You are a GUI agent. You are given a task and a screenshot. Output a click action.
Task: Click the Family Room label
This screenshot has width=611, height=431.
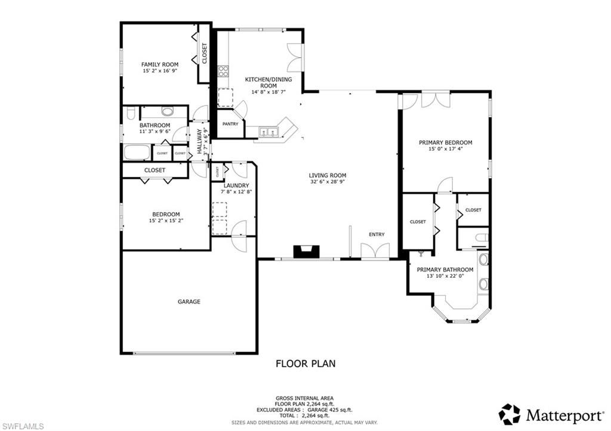159,64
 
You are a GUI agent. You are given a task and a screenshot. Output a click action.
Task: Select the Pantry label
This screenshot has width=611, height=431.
230,124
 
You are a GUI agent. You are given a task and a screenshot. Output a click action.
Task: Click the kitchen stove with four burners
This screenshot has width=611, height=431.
223,71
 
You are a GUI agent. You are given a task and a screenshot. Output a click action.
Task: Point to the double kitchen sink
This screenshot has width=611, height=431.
270,132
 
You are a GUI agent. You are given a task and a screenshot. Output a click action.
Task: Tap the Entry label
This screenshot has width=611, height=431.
377,234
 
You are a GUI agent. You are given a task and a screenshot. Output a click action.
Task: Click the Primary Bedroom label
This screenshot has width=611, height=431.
445,142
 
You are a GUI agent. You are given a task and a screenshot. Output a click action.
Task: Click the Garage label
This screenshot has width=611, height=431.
189,302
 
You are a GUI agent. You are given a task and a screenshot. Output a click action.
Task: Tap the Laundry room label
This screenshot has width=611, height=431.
232,185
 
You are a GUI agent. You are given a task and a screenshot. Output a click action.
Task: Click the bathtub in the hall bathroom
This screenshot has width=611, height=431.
137,153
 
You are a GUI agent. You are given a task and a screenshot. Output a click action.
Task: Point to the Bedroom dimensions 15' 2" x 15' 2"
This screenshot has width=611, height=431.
165,221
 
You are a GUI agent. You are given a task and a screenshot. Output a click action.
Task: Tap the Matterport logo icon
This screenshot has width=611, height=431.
509,414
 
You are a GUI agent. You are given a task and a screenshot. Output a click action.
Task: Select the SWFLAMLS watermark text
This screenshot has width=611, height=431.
23,426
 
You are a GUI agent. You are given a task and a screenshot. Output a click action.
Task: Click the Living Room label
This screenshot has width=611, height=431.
327,175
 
